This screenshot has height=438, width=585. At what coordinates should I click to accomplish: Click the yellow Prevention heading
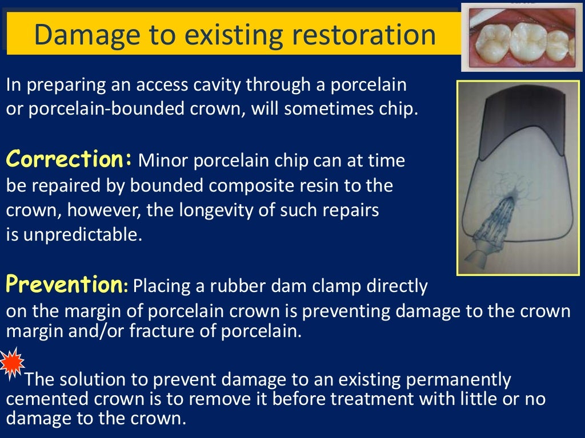[63, 283]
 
